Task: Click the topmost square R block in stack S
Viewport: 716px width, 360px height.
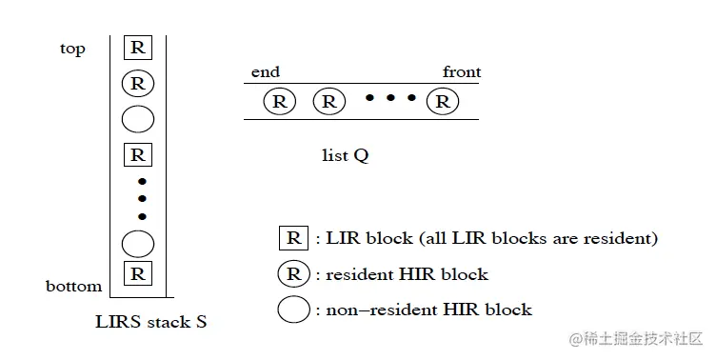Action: (137, 47)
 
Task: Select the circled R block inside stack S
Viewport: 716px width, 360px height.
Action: (137, 83)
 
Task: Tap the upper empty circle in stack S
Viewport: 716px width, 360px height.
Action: (137, 119)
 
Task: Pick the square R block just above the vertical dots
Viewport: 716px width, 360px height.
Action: (137, 154)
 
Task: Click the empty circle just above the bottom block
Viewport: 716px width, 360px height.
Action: (137, 244)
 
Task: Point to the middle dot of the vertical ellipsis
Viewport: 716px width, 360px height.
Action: (142, 199)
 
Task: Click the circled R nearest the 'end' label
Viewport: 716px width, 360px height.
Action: (279, 101)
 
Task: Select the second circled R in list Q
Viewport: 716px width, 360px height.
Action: (328, 101)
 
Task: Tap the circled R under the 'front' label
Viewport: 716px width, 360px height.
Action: (443, 101)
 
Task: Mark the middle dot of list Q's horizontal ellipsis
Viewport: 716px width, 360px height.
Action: (389, 98)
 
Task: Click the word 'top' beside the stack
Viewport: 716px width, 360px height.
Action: (72, 50)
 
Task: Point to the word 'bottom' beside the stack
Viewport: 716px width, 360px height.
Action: (73, 286)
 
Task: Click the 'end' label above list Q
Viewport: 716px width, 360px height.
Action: (265, 72)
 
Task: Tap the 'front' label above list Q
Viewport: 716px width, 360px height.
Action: (462, 72)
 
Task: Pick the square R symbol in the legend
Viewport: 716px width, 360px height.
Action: (292, 238)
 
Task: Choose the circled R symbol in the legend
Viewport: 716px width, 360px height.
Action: (292, 274)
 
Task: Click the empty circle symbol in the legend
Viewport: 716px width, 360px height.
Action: (292, 310)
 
